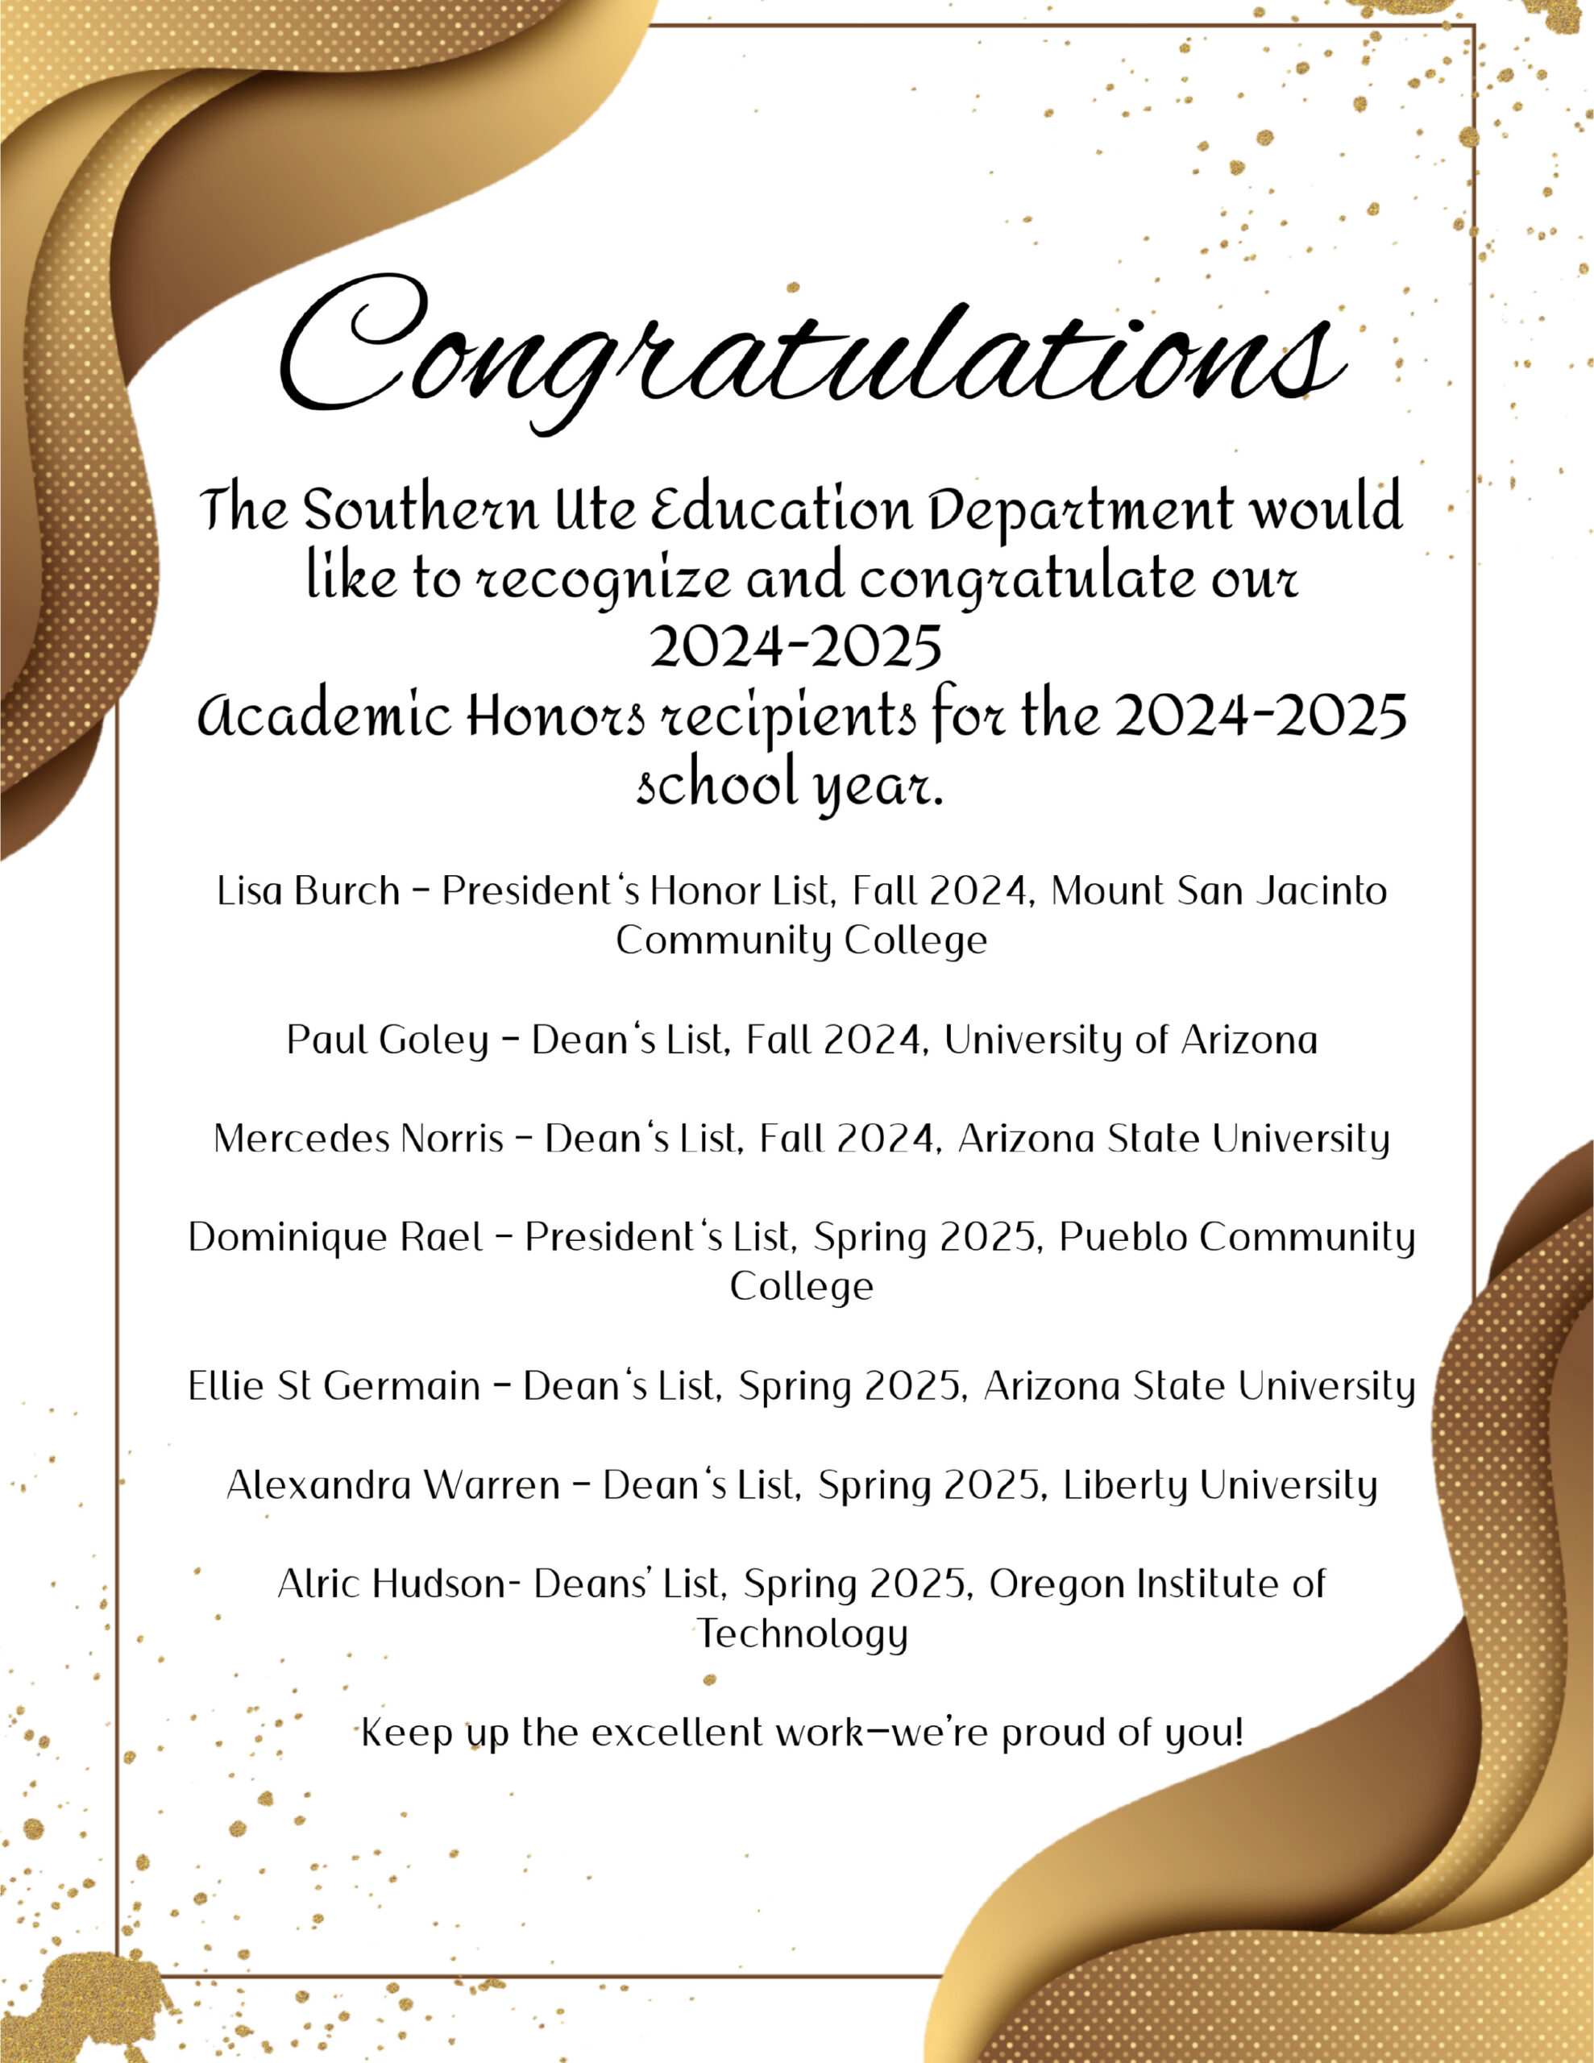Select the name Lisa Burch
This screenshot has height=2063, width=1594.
coord(308,890)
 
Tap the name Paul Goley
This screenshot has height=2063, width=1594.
coord(388,1040)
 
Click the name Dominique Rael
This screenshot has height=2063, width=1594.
coord(335,1238)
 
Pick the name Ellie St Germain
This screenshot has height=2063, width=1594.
coord(334,1386)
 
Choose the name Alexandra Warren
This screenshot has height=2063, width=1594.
coord(393,1485)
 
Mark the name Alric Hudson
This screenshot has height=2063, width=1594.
coord(392,1584)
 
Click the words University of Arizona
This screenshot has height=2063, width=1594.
coord(1130,1040)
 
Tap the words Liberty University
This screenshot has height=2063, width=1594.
coord(1220,1485)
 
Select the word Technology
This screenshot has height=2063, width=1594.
coord(802,1634)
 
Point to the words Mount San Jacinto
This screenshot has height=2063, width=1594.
coord(1218,890)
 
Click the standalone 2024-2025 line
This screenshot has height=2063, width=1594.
coord(795,647)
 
